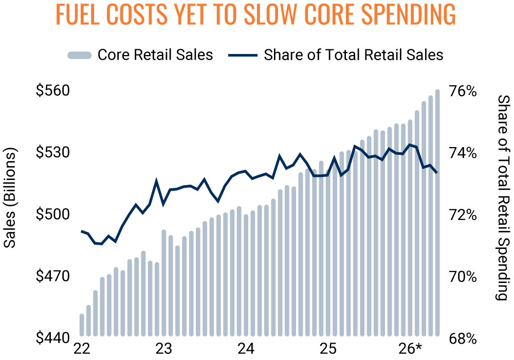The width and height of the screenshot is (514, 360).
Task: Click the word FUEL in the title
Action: click(x=78, y=14)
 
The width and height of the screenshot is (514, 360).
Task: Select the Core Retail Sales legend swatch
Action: click(x=79, y=55)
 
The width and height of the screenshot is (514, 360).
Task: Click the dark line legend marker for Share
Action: click(x=243, y=55)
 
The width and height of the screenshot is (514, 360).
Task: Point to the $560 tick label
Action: click(x=53, y=91)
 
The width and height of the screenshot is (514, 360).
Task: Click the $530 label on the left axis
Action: click(x=53, y=152)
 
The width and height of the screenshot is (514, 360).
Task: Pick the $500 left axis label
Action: click(x=53, y=214)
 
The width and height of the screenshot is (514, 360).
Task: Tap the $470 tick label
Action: click(x=53, y=276)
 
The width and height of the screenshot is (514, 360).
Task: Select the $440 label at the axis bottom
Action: click(x=53, y=338)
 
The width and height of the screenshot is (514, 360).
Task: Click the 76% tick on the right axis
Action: click(x=463, y=91)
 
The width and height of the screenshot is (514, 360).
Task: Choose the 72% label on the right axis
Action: click(x=463, y=215)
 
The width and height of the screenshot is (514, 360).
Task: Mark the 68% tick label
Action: click(x=463, y=338)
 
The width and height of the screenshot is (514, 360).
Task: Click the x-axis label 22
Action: click(x=82, y=349)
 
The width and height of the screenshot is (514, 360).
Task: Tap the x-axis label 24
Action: click(x=246, y=349)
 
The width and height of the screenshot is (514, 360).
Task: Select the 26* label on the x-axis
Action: click(x=410, y=349)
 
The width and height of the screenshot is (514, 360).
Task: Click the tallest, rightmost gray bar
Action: click(x=437, y=213)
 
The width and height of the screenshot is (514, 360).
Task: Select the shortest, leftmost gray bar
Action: click(x=82, y=325)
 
